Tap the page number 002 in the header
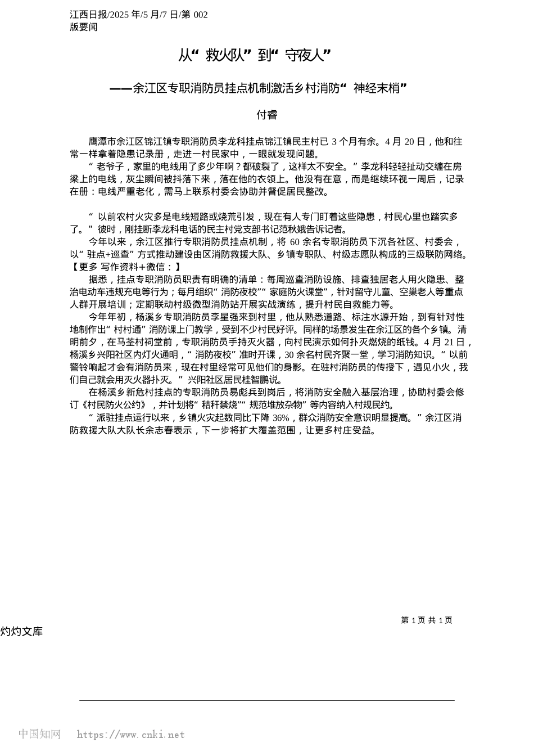click(200, 15)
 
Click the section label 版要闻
click(84, 27)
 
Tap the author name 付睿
click(266, 115)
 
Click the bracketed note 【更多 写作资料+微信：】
click(125, 267)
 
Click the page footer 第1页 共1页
click(426, 620)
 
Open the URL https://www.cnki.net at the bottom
click(130, 734)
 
